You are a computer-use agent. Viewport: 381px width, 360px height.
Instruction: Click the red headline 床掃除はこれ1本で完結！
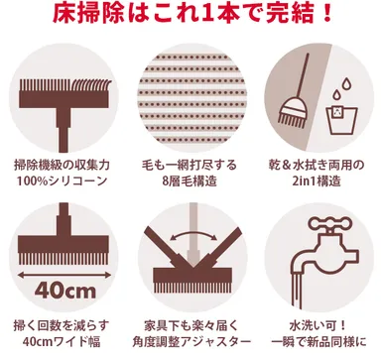(x=190, y=16)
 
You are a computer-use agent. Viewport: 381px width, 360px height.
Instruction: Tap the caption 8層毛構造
(x=190, y=182)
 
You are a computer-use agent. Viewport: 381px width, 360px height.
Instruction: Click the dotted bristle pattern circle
(x=190, y=94)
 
